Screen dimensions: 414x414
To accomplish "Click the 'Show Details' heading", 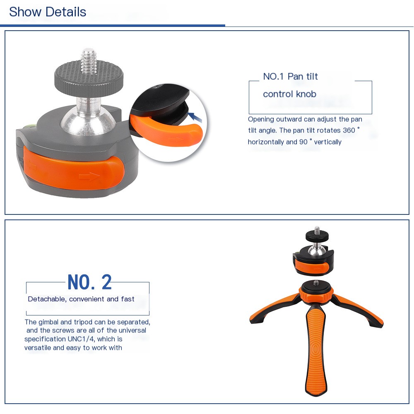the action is pyautogui.click(x=48, y=12).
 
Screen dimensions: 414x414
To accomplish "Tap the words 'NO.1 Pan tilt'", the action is pyautogui.click(x=291, y=77).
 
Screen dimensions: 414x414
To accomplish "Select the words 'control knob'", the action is pyautogui.click(x=290, y=94).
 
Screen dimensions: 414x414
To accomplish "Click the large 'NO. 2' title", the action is pyautogui.click(x=90, y=282).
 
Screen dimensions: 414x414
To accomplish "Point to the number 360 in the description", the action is pyautogui.click(x=349, y=130).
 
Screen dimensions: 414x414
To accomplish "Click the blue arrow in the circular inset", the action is pyautogui.click(x=195, y=117).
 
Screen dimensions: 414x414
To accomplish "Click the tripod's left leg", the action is pyautogui.click(x=274, y=309).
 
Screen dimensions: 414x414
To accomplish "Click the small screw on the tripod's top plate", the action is pyautogui.click(x=316, y=283).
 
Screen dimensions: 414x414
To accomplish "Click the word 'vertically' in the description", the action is pyautogui.click(x=327, y=142).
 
